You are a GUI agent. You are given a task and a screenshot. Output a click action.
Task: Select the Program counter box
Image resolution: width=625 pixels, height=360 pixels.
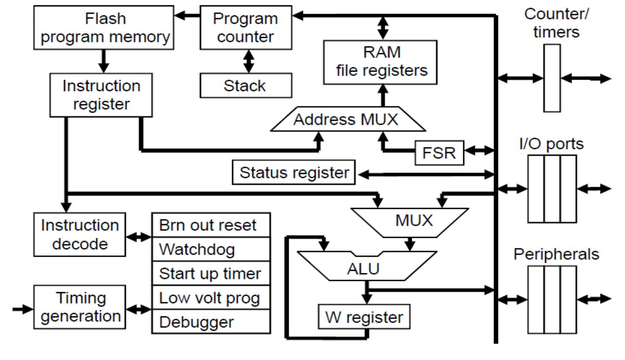coord(246,27)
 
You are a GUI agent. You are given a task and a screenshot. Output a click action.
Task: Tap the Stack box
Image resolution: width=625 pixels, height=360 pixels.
coord(246,85)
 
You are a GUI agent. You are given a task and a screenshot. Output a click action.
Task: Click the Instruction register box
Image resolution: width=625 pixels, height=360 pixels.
coord(102,95)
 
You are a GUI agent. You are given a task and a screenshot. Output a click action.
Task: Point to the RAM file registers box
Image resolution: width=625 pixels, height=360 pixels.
coord(380,62)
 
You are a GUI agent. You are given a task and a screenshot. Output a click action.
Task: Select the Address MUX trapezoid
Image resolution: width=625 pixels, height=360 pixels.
coord(347,120)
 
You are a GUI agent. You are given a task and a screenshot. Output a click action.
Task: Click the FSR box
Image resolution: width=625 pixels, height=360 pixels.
coord(439,153)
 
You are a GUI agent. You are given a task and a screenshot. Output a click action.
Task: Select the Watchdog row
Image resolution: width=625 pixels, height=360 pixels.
coord(211,249)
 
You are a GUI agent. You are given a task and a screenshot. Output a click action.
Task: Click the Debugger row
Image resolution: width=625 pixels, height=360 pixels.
coord(211,322)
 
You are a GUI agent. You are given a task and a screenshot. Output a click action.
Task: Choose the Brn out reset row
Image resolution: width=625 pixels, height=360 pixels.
coord(211,225)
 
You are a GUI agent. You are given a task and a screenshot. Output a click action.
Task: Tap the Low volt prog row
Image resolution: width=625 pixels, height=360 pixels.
coord(211,298)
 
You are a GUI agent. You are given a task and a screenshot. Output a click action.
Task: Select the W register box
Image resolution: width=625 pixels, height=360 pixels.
coord(364,316)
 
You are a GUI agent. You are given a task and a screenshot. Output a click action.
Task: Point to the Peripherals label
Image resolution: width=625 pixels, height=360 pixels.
coord(556,254)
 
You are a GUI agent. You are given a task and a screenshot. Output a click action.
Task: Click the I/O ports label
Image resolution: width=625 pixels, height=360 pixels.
coord(552,144)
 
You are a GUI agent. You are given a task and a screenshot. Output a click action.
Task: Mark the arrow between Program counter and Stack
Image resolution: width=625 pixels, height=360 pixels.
coord(249,61)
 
